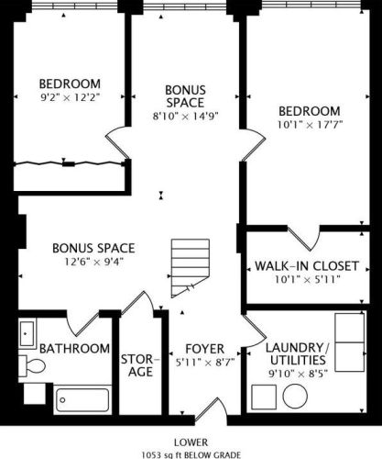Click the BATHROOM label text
73,349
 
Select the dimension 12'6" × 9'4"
93,263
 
